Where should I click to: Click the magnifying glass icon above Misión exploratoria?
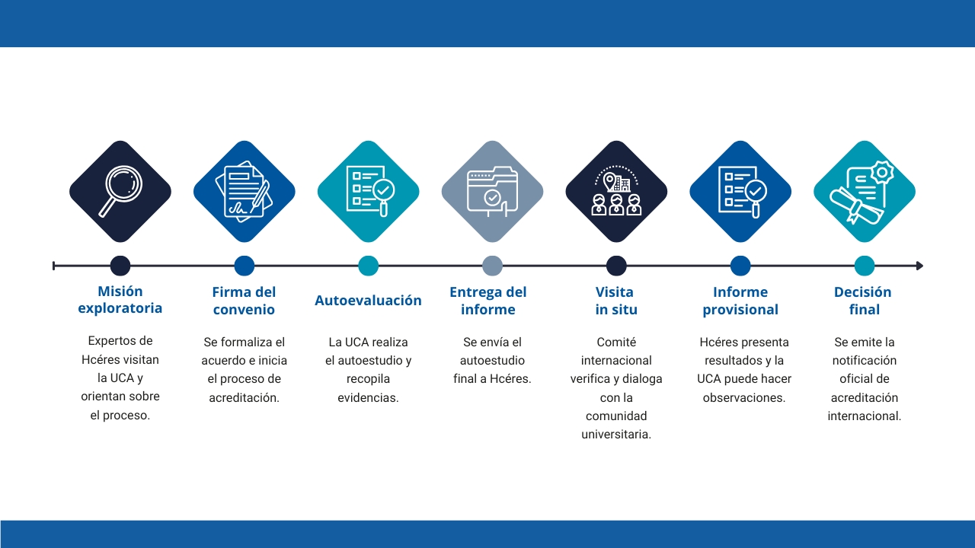pyautogui.click(x=120, y=191)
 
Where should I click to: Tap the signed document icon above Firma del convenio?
pyautogui.click(x=245, y=191)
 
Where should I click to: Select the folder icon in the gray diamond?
pyautogui.click(x=492, y=191)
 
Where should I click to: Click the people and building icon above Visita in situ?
pyautogui.click(x=616, y=190)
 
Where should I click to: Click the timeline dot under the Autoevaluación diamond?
pyautogui.click(x=368, y=266)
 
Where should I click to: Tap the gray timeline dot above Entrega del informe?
pyautogui.click(x=492, y=266)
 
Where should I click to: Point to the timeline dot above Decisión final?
pyautogui.click(x=865, y=266)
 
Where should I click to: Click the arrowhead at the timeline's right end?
pyautogui.click(x=919, y=266)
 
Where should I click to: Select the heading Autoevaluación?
pyautogui.click(x=368, y=301)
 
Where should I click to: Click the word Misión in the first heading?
pyautogui.click(x=120, y=291)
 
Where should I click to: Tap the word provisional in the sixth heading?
pyautogui.click(x=740, y=310)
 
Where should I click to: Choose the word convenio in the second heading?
pyautogui.click(x=244, y=310)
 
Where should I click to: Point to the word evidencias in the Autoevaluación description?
pyautogui.click(x=368, y=397)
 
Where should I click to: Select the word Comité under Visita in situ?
pyautogui.click(x=616, y=342)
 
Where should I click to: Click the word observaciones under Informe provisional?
pyautogui.click(x=744, y=397)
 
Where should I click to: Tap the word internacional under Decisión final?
pyautogui.click(x=865, y=416)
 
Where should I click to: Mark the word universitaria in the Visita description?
pyautogui.click(x=616, y=435)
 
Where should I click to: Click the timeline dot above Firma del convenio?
pyautogui.click(x=245, y=266)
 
